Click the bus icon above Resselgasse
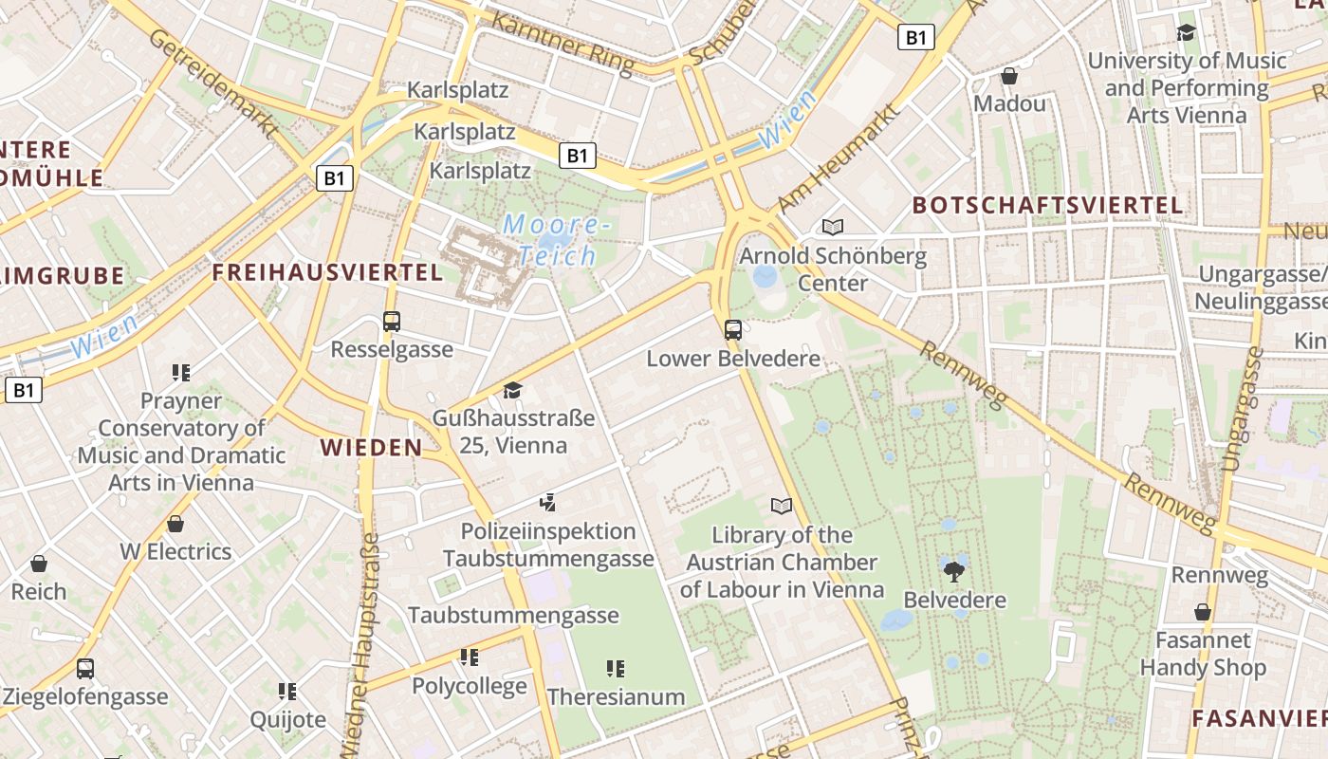coord(392,322)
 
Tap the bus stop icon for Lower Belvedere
coord(732,330)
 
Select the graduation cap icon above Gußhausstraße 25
coord(512,390)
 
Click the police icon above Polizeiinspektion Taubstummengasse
coord(547,502)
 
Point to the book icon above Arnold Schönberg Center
coord(832,227)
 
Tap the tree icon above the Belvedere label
coord(954,571)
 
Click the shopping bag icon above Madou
coord(1009,75)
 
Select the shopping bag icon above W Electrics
coord(175,523)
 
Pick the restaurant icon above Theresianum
coord(616,669)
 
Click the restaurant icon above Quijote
coord(287,691)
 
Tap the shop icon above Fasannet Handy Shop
coord(1203,612)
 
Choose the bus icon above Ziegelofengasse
coord(85,668)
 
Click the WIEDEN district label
coord(371,447)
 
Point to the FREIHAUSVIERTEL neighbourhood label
coord(327,272)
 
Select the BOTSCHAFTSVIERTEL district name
coord(1047,205)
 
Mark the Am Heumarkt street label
coord(838,158)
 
